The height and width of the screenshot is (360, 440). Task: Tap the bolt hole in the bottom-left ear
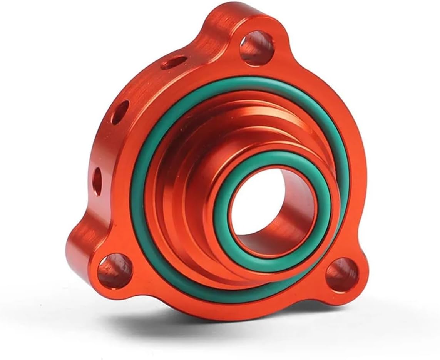click(115, 270)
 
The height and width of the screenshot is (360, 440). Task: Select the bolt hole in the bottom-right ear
click(342, 275)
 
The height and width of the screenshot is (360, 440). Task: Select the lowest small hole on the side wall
click(97, 179)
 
